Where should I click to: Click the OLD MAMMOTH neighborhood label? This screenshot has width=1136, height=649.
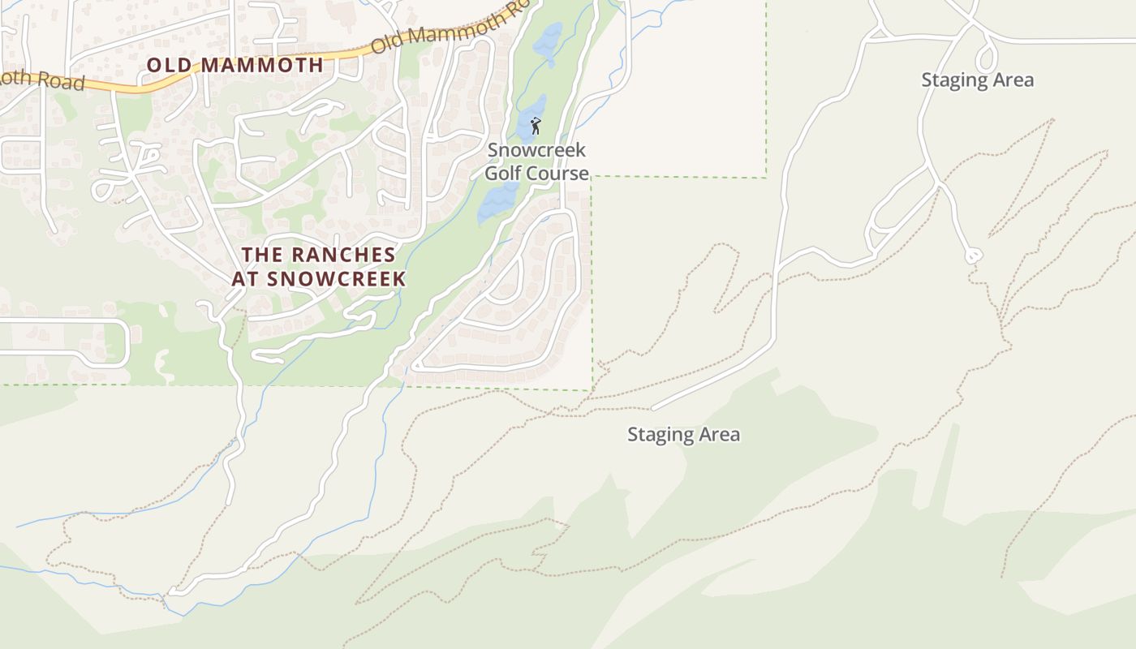tap(235, 65)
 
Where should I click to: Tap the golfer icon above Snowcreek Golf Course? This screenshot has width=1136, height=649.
tap(536, 126)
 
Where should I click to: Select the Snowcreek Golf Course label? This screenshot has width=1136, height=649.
tap(536, 161)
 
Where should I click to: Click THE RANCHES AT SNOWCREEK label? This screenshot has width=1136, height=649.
tap(319, 266)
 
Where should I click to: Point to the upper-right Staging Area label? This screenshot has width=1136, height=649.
tap(977, 80)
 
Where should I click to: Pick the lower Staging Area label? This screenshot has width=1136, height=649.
tap(683, 435)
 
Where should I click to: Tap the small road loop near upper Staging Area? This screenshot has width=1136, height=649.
tap(986, 58)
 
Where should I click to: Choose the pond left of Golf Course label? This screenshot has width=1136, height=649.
tap(497, 202)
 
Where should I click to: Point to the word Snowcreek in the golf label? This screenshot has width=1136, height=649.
tap(536, 150)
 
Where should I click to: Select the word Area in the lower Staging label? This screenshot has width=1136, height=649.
tap(718, 435)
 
